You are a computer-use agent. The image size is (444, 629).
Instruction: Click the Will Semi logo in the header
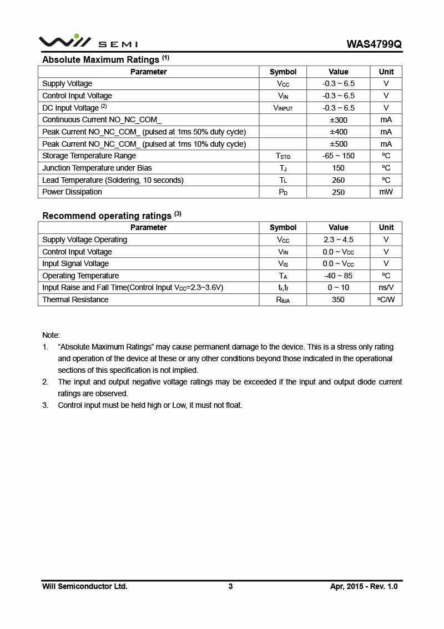[88, 42]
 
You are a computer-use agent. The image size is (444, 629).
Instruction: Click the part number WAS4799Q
[374, 44]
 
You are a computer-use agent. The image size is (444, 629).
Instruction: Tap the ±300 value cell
[338, 120]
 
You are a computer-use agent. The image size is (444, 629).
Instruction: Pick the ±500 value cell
[338, 144]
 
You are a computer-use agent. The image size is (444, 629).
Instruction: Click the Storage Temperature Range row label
[89, 156]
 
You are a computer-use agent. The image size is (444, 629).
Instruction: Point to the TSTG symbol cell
[283, 156]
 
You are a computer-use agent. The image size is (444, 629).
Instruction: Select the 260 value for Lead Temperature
[338, 180]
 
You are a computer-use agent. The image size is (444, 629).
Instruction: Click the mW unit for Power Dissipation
[386, 192]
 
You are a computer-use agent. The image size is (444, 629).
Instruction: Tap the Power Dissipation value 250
[338, 192]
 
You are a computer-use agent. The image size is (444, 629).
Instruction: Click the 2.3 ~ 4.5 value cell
[338, 240]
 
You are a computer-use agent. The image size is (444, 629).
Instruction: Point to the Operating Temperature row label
[80, 276]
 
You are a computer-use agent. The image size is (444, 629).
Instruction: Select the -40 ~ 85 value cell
[338, 276]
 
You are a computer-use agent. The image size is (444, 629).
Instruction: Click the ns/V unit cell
[386, 288]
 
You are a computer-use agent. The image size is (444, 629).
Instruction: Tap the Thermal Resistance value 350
[338, 300]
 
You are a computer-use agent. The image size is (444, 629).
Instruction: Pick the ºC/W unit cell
[386, 300]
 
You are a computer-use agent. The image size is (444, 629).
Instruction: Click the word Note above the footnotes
[51, 335]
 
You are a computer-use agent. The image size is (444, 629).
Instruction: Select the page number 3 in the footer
[230, 586]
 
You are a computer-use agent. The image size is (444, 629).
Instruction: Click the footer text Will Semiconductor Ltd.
[85, 586]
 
